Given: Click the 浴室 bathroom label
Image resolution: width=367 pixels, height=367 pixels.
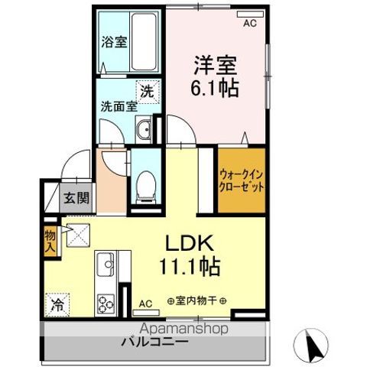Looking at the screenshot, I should coord(114,42).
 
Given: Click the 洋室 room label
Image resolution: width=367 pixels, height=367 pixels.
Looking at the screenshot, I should coord(214,62).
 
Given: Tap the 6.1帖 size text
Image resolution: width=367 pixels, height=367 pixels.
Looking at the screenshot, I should coord(214,86).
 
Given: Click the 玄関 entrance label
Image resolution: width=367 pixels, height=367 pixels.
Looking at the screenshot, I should coord(76,198).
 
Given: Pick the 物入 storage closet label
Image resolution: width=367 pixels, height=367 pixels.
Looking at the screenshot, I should coord(50,241).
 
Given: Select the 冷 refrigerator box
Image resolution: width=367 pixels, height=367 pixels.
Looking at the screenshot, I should coord(58,304).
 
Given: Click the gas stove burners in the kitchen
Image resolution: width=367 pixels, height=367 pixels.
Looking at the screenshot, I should coord(104,301).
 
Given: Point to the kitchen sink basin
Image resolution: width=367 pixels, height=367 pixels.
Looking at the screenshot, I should coord(105,265).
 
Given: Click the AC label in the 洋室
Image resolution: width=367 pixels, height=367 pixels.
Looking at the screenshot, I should coord(249,24).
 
